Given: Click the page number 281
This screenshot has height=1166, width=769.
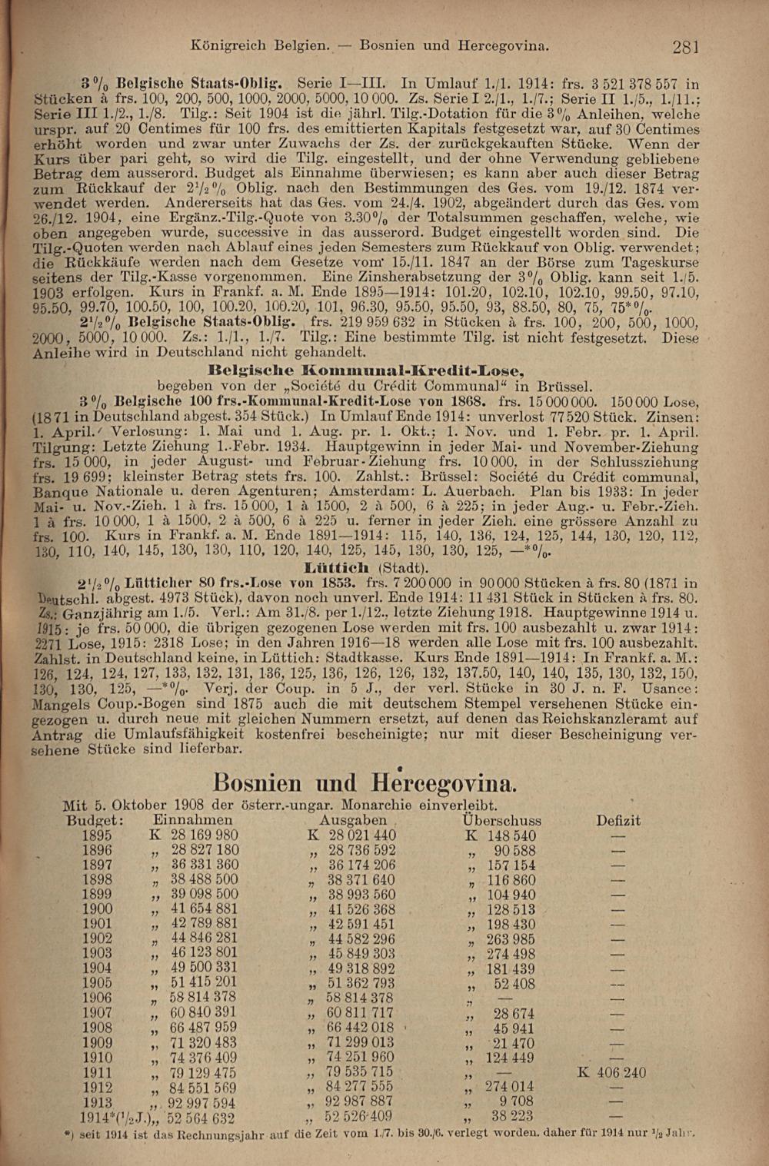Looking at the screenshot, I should [x=684, y=47].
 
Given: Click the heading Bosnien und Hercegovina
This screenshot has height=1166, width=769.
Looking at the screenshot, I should [x=365, y=783].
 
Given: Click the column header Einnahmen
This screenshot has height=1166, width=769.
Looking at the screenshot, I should [x=192, y=820].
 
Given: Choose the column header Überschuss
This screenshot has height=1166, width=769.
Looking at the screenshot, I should [x=497, y=820].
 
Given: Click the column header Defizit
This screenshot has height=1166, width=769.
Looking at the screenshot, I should [x=618, y=820].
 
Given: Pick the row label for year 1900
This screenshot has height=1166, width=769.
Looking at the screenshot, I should [x=97, y=909].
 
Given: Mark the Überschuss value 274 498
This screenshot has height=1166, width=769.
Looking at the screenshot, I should [x=504, y=954].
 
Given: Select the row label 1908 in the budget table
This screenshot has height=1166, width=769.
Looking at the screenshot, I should [x=97, y=1028].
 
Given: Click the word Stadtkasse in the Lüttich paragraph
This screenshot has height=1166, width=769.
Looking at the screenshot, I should [x=365, y=659].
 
